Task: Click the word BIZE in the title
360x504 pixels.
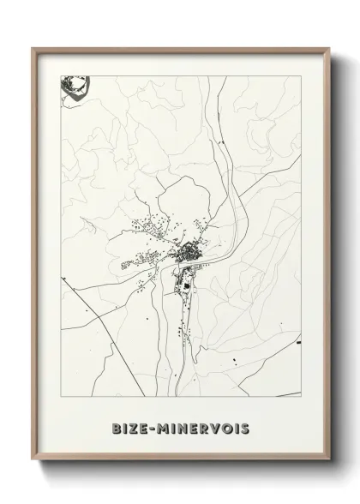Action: click(x=130, y=426)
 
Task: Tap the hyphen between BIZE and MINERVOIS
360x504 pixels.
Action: click(x=153, y=426)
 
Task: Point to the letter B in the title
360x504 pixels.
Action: click(x=116, y=426)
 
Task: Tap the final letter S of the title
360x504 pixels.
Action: click(x=246, y=426)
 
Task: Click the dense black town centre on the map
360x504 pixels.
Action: click(x=189, y=252)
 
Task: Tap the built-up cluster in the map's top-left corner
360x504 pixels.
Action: click(x=74, y=87)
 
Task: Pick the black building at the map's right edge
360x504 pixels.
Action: click(x=297, y=343)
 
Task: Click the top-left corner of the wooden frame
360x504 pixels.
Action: click(x=34, y=50)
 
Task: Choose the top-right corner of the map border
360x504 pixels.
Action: click(x=301, y=76)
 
